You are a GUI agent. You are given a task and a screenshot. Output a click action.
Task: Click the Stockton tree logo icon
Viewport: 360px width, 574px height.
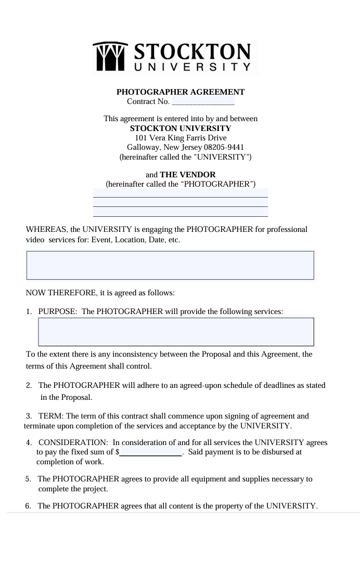[110, 57]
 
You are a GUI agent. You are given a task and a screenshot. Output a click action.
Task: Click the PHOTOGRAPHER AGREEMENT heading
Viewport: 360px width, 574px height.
[180, 92]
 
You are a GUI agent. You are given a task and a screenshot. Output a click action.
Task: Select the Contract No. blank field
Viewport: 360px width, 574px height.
[203, 101]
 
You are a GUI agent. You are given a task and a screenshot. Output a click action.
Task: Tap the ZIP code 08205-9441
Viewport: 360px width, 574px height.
[226, 147]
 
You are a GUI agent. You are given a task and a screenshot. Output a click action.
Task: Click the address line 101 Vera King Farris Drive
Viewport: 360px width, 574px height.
[181, 138]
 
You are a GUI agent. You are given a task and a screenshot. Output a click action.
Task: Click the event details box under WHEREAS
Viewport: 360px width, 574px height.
[170, 265]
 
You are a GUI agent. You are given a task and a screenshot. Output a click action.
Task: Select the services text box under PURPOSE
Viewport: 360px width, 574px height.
[176, 332]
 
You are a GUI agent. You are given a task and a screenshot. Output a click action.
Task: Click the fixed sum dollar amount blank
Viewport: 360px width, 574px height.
[151, 452]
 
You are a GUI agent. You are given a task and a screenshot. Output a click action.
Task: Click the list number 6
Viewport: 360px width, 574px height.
[28, 506]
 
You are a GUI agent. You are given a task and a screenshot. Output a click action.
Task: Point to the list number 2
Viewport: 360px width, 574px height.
[29, 386]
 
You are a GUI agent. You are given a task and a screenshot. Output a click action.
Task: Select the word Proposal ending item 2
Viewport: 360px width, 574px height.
[76, 398]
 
